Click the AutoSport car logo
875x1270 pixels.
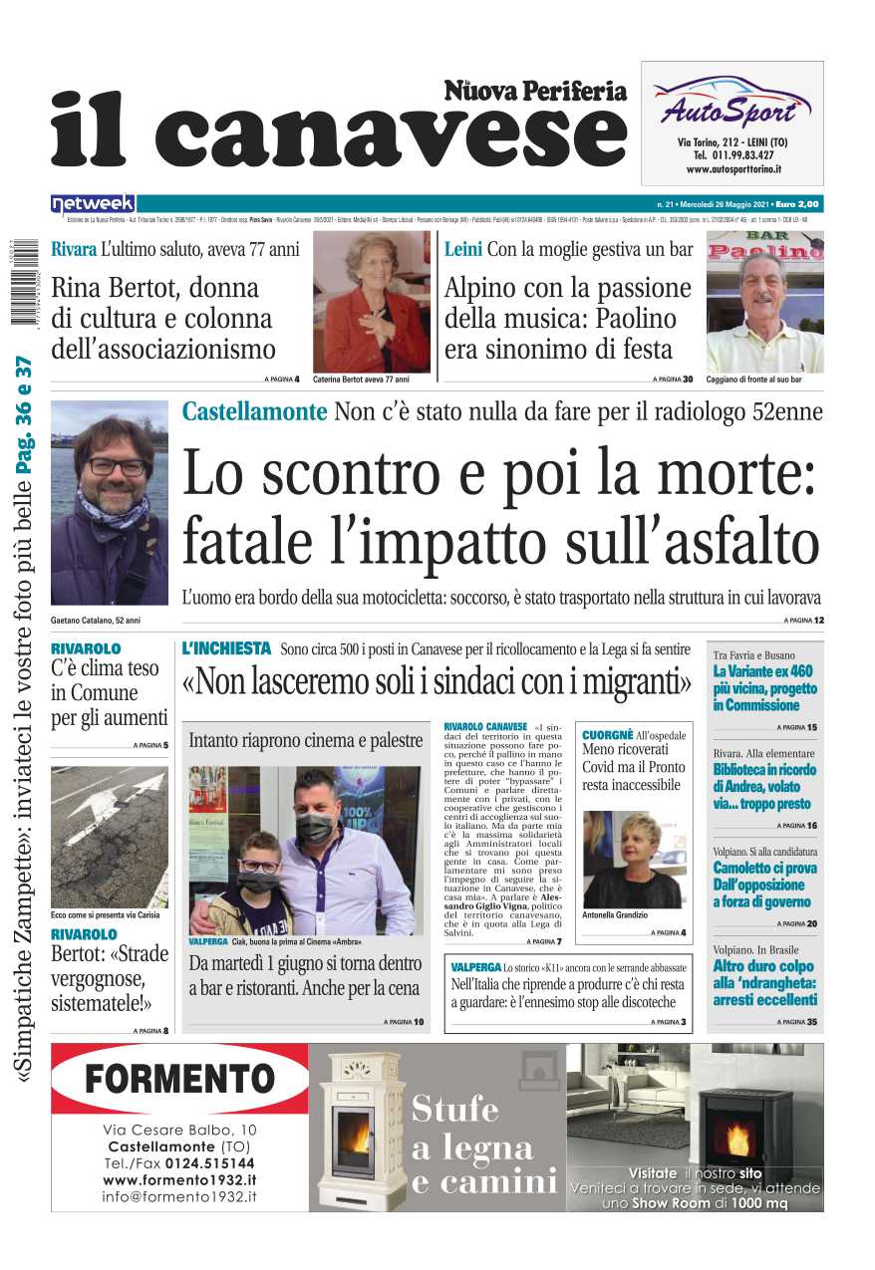730,101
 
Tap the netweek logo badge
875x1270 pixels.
93,203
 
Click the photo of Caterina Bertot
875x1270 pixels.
371,302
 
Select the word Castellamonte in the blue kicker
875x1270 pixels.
254,411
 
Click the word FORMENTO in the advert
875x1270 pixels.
179,1079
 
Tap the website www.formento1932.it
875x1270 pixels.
179,1179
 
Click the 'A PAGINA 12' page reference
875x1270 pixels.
803,621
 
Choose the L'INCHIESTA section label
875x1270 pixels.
226,648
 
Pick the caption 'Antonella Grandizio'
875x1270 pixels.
614,914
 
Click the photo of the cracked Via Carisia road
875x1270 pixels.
109,836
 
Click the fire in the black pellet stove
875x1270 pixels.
737,1139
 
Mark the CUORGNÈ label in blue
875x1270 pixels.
607,734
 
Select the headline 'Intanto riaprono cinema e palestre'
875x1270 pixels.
306,740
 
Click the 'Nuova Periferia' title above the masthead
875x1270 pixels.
535,92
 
